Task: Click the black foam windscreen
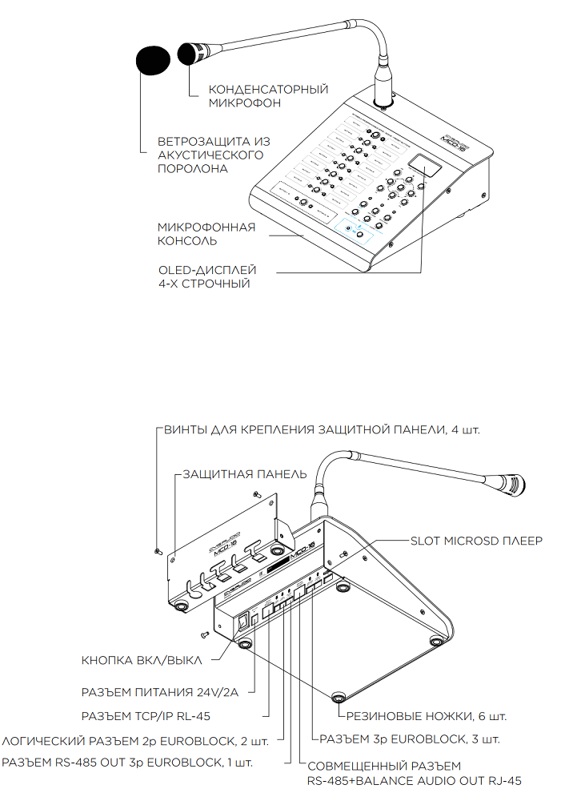[154, 60]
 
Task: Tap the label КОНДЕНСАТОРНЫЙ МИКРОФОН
[268, 96]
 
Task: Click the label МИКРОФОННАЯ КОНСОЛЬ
[206, 234]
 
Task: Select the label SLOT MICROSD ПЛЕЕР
[476, 541]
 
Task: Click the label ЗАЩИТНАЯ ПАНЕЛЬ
[244, 474]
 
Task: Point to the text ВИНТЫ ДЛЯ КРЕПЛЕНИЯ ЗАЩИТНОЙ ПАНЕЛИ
[320, 429]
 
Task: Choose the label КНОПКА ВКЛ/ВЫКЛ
[142, 661]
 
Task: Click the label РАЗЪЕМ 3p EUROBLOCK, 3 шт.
[410, 738]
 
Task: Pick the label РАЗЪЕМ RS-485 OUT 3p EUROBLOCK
[128, 762]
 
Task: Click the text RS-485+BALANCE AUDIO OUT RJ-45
[415, 779]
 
